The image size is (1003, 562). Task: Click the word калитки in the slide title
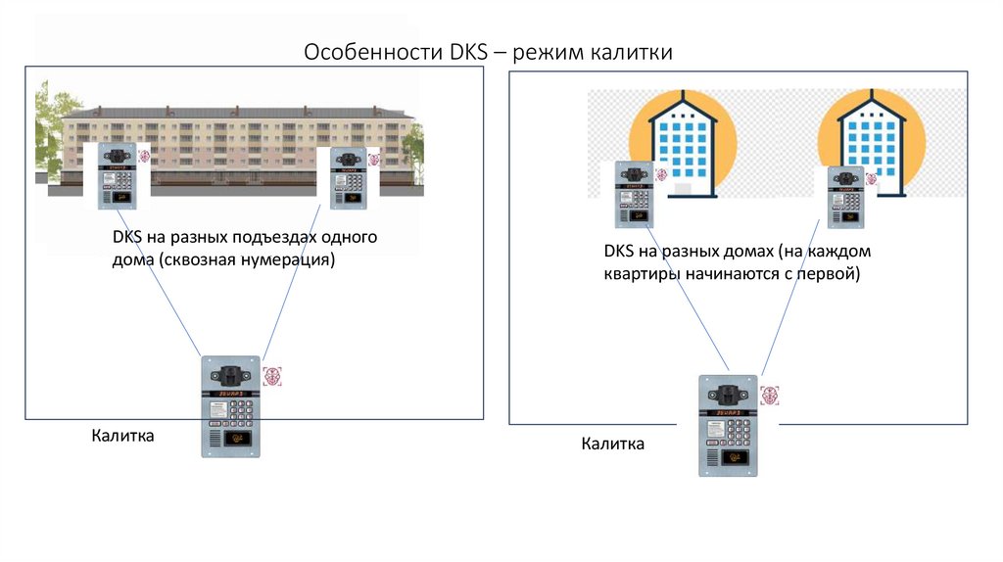(x=632, y=52)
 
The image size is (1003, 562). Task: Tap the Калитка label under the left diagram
(x=122, y=436)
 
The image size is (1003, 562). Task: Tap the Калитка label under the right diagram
(x=612, y=445)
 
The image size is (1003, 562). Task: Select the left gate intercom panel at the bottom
(x=231, y=405)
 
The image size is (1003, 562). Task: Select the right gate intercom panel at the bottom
(x=728, y=425)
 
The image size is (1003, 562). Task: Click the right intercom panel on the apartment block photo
(x=348, y=178)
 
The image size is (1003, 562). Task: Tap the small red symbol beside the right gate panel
(x=771, y=396)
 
